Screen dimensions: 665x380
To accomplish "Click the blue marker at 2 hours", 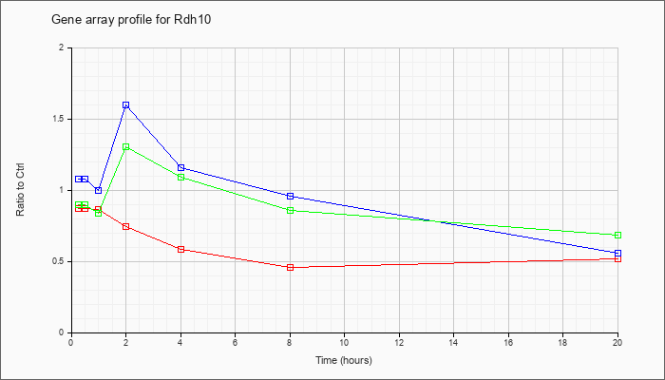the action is click(126, 104).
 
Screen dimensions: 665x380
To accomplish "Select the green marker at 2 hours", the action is click(126, 146).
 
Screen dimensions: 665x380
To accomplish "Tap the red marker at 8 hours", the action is click(290, 267).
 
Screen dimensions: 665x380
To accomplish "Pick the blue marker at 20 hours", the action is click(617, 254).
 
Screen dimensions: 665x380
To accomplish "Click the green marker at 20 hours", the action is click(617, 235).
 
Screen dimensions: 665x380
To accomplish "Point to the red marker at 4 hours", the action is click(180, 249).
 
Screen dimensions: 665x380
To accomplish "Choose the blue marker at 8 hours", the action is click(290, 196).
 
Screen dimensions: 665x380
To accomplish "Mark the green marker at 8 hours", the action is click(290, 210).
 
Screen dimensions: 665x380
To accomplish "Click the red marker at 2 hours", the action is click(126, 226).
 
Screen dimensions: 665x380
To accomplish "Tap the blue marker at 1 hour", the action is click(99, 190).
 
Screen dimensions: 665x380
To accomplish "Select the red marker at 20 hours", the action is click(617, 258).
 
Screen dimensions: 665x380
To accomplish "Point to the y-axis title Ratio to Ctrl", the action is click(20, 189).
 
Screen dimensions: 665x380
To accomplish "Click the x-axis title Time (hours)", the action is click(344, 360).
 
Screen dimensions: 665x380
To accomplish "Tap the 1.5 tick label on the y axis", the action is click(63, 119).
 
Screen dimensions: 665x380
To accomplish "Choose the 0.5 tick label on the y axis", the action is click(63, 261).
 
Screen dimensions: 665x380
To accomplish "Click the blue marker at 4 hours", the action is click(180, 167).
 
